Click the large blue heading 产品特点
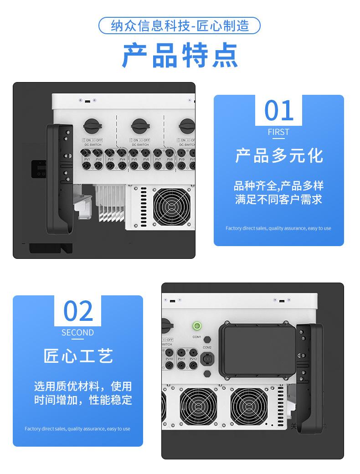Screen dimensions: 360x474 180,55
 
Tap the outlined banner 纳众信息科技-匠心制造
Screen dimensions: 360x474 180,26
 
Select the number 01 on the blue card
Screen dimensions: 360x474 278,111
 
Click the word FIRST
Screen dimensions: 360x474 278,132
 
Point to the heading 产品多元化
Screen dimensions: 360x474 278,155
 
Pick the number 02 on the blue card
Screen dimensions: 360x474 77,311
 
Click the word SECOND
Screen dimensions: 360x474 77,333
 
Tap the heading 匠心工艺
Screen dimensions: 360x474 78,356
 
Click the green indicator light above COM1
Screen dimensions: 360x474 197,325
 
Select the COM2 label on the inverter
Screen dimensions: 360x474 207,347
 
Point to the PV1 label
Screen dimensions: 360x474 86,160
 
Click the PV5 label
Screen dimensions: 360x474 134,160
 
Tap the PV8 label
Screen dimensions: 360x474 170,160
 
